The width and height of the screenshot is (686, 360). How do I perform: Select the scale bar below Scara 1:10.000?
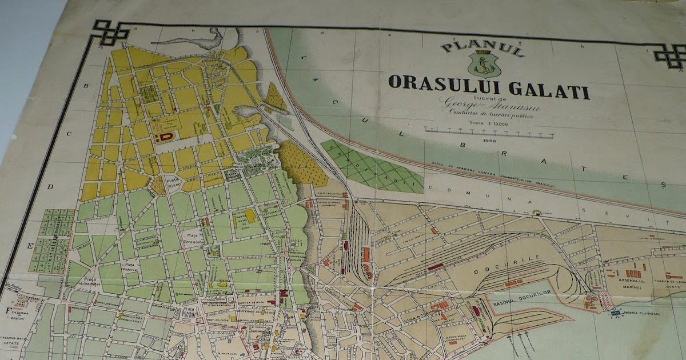489,133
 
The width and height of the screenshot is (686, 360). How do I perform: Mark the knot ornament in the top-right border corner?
669,55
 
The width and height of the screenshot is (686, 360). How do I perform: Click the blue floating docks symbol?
615,313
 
